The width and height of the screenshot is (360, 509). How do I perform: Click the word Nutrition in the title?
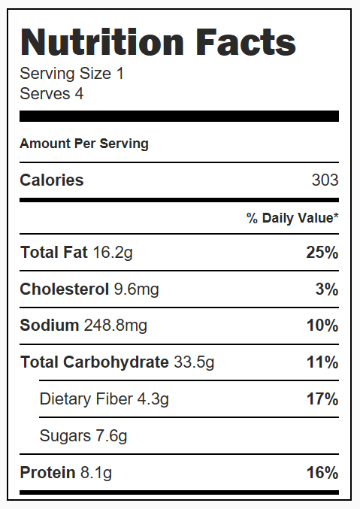click(x=102, y=42)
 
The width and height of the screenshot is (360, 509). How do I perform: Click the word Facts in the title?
click(x=246, y=42)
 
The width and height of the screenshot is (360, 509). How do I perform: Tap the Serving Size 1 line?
click(x=71, y=74)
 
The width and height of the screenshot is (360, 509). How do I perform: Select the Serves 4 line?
click(x=52, y=94)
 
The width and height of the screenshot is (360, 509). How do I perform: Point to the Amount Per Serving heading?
click(x=84, y=144)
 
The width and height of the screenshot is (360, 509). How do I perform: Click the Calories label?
click(x=52, y=180)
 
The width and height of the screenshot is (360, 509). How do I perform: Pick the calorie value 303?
click(x=325, y=180)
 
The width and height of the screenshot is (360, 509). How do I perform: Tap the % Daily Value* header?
click(x=292, y=218)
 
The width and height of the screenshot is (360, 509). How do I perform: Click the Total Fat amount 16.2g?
click(x=113, y=253)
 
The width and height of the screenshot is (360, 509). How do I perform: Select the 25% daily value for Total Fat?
click(x=322, y=253)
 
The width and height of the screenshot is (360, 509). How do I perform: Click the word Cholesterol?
click(x=65, y=289)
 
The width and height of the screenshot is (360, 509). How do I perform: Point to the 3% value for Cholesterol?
click(x=327, y=289)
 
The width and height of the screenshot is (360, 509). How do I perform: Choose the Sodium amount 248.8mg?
click(x=116, y=326)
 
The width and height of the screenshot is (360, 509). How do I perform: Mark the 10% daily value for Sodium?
click(x=322, y=326)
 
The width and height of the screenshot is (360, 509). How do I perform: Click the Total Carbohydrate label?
click(x=95, y=362)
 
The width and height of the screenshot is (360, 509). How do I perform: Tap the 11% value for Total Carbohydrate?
click(x=322, y=362)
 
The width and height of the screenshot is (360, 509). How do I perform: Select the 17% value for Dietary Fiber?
click(x=322, y=399)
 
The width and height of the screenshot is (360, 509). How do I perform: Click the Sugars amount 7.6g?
click(x=111, y=436)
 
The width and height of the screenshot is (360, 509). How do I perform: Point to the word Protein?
click(x=47, y=473)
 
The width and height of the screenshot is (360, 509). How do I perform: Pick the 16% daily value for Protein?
click(x=322, y=473)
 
